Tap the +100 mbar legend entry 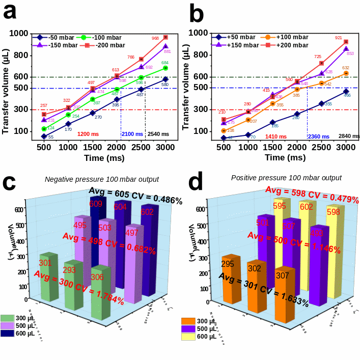pyautogui.click(x=285, y=37)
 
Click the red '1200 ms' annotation pyautogui.click(x=88, y=134)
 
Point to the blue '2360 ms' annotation pyautogui.click(x=318, y=136)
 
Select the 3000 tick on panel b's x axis pyautogui.click(x=345, y=147)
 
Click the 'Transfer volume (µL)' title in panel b pyautogui.click(x=186, y=85)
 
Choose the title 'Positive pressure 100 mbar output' pyautogui.click(x=286, y=178)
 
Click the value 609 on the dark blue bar pyautogui.click(x=96, y=204)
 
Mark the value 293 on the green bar pyautogui.click(x=70, y=269)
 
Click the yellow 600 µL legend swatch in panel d pyautogui.click(x=189, y=337)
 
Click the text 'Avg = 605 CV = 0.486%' pyautogui.click(x=135, y=196)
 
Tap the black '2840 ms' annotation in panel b pyautogui.click(x=349, y=136)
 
